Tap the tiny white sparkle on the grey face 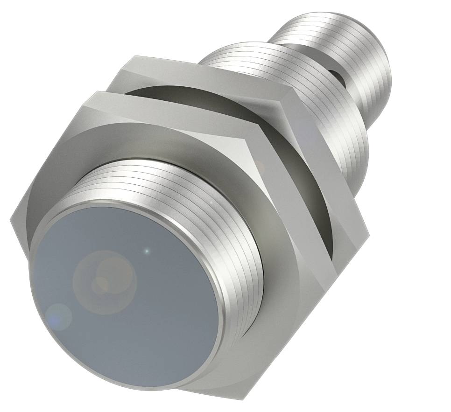[x=147, y=251]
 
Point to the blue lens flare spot [x=59, y=316]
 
